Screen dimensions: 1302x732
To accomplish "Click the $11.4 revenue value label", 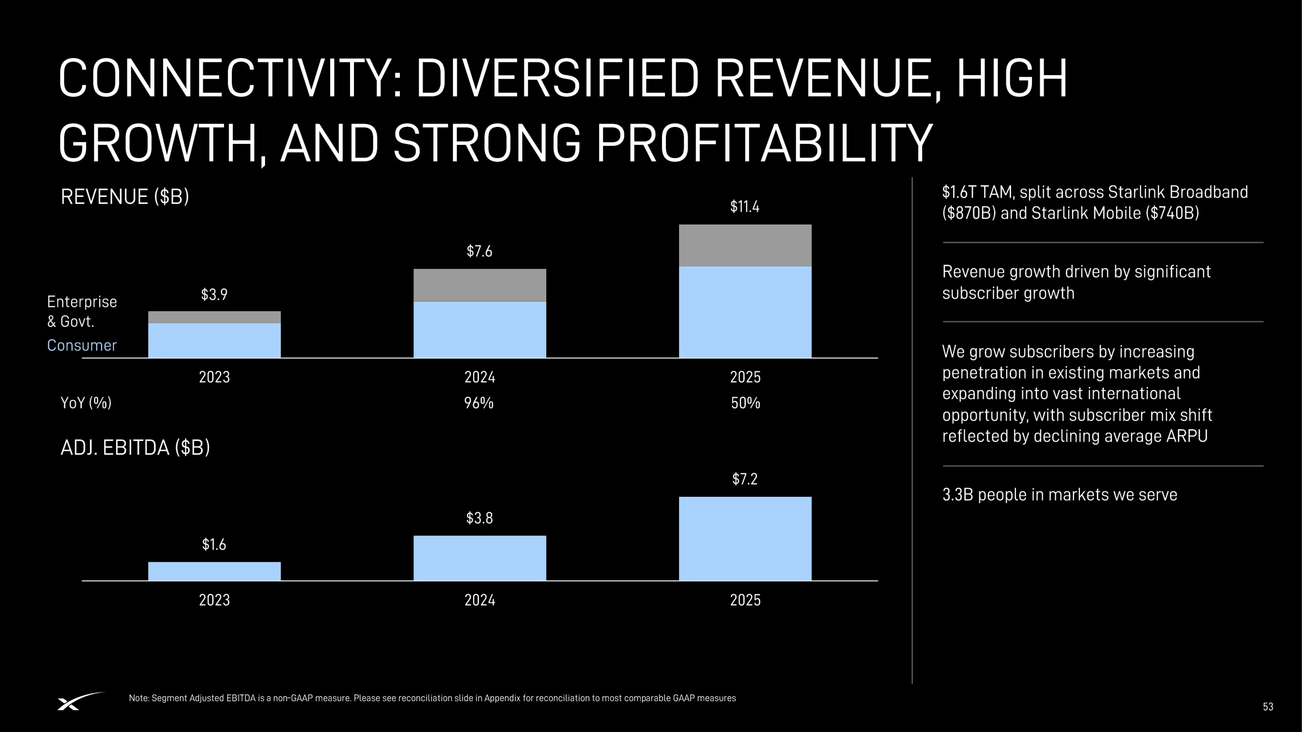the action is point(744,206).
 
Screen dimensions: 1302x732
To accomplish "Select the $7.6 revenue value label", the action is point(479,251).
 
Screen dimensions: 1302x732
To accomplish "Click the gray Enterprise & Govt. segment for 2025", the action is point(745,245).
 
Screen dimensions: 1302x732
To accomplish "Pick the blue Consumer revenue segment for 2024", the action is point(480,329).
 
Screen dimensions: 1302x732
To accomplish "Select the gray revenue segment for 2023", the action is point(214,317).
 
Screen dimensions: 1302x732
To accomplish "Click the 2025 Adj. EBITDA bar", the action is point(745,539).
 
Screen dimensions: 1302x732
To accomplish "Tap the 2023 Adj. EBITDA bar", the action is point(214,571).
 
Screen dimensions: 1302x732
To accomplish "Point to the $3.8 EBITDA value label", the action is point(479,518).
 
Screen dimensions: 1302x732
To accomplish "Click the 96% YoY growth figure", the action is point(478,403).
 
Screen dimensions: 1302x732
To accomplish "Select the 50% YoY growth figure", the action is point(745,403).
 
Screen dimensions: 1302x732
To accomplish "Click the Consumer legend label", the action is point(82,346).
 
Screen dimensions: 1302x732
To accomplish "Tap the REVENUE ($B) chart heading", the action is point(125,197).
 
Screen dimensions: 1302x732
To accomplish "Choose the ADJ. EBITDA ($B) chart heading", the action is point(135,447).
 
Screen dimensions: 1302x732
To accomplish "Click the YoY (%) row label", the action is point(86,403).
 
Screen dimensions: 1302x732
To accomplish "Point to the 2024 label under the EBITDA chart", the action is point(480,600).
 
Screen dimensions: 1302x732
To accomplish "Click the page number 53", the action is point(1268,707).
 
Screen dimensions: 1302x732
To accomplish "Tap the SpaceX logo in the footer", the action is point(81,701).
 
